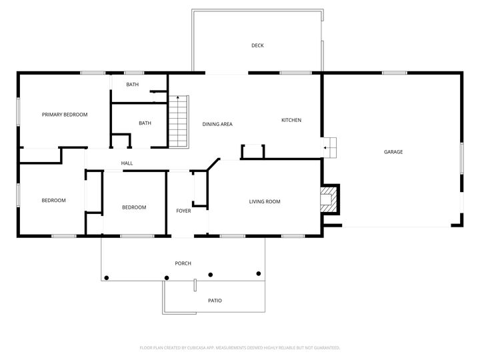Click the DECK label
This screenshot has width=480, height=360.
[257, 45]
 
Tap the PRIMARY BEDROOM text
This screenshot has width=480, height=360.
[65, 115]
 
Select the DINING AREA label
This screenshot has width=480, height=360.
[217, 124]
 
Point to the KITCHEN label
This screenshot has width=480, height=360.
[291, 120]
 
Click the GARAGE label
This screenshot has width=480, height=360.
[393, 152]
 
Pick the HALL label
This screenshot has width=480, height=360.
[127, 163]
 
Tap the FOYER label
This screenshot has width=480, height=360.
[183, 211]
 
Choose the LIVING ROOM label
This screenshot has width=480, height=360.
[265, 201]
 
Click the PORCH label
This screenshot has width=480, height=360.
[183, 263]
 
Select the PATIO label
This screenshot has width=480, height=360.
[215, 301]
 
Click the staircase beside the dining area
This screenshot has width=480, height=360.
[179, 122]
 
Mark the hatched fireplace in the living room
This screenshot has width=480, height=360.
[329, 199]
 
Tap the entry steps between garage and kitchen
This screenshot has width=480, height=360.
[331, 147]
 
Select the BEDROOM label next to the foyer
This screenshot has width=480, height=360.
[134, 207]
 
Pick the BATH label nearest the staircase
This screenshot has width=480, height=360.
[145, 123]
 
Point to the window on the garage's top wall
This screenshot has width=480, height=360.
[395, 73]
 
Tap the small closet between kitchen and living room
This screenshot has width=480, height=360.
[253, 151]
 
